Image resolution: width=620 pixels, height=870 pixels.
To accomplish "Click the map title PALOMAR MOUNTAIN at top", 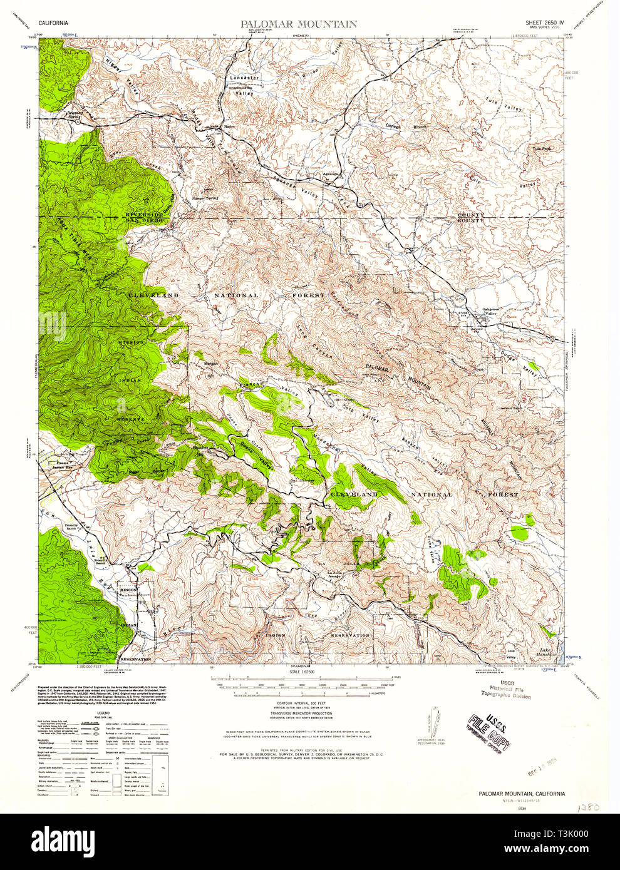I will point(299,24).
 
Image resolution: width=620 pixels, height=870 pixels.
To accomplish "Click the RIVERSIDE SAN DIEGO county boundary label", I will point(145,217).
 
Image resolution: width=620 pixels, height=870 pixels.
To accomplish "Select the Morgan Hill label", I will point(206,369).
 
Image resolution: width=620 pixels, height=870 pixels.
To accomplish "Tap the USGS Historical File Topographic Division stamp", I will point(505,690).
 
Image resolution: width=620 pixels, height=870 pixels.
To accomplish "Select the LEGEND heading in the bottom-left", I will point(102,713).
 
